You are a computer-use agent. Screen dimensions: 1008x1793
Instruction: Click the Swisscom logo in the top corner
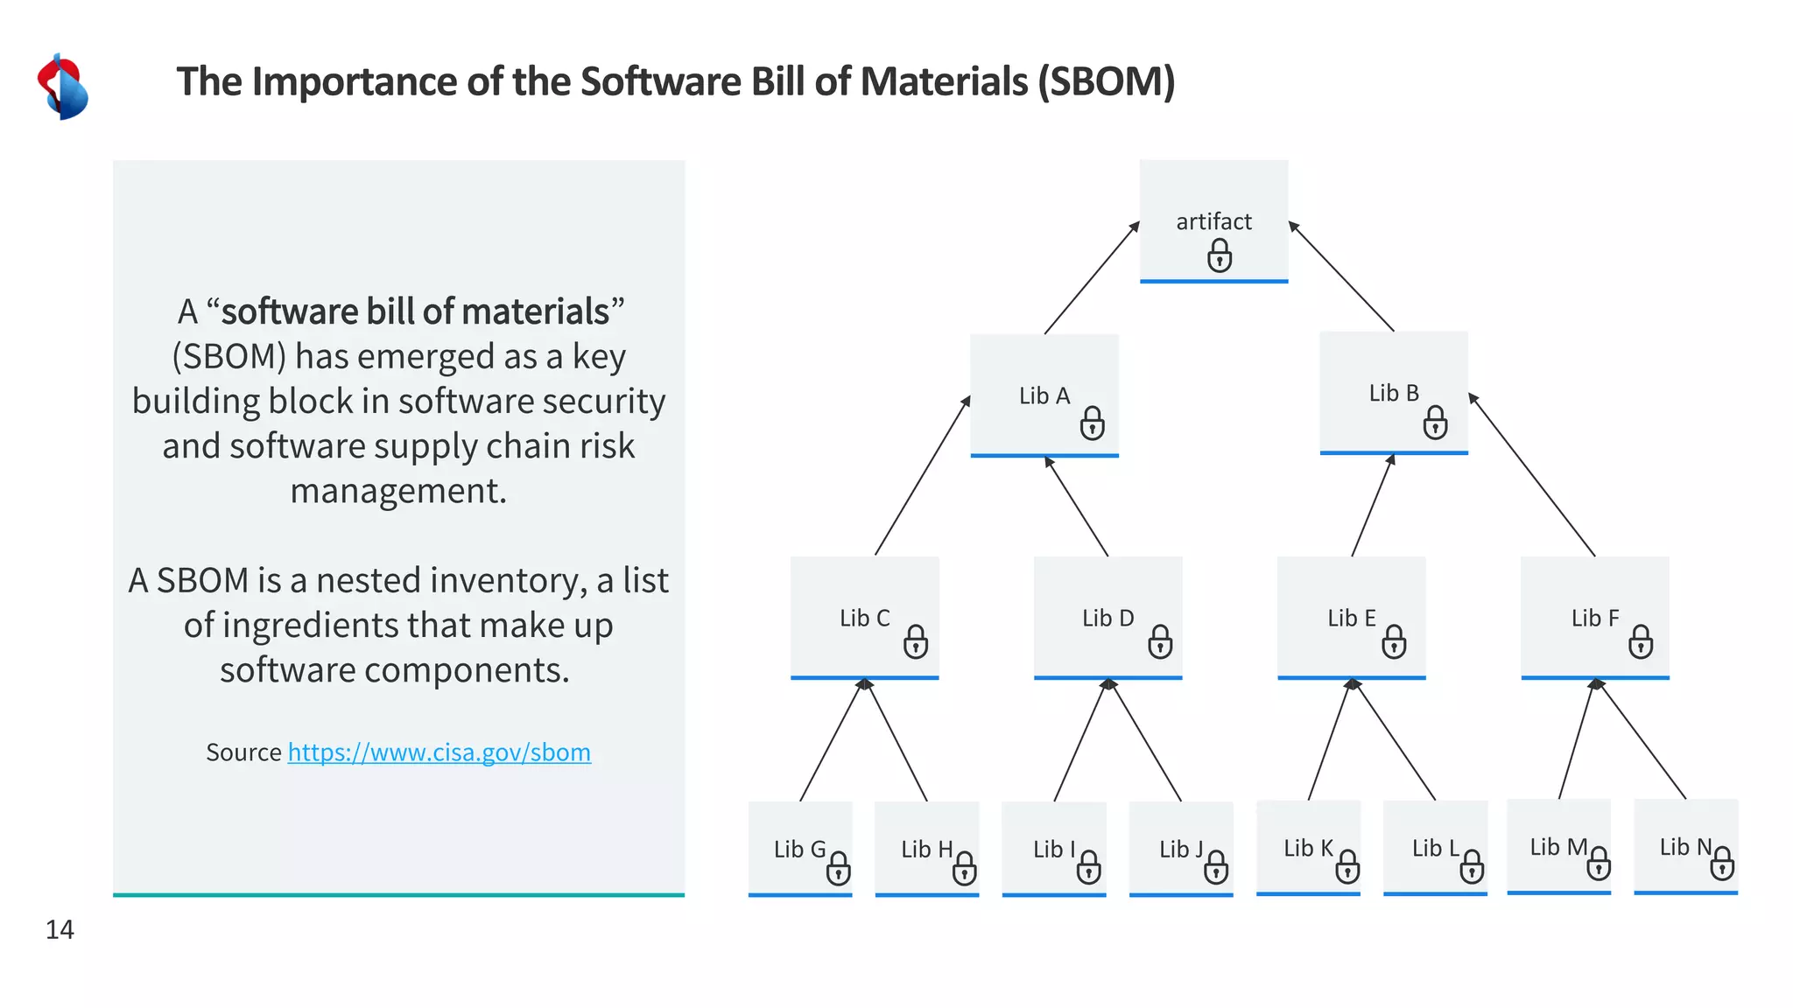pyautogui.click(x=62, y=87)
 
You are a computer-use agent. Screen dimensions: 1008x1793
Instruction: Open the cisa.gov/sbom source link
pyautogui.click(x=439, y=752)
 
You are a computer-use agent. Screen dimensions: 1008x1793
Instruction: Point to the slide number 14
pyautogui.click(x=60, y=929)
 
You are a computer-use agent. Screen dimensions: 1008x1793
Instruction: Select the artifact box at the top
pyautogui.click(x=1213, y=220)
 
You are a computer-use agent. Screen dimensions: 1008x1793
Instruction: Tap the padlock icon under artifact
pyautogui.click(x=1219, y=257)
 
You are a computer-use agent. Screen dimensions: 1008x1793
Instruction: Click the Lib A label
pyautogui.click(x=1044, y=396)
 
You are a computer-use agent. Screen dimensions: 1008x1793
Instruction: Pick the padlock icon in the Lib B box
pyautogui.click(x=1435, y=423)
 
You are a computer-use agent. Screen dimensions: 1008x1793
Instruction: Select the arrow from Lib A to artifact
pyautogui.click(x=1091, y=278)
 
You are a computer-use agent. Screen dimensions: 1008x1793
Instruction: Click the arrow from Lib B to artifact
pyautogui.click(x=1341, y=276)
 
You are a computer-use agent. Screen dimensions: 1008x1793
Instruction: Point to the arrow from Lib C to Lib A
pyautogui.click(x=922, y=476)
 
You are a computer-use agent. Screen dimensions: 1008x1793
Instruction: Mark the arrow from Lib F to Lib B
pyautogui.click(x=1532, y=475)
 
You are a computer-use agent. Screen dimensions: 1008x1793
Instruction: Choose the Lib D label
pyautogui.click(x=1107, y=619)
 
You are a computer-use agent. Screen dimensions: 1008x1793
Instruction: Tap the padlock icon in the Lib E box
pyautogui.click(x=1394, y=642)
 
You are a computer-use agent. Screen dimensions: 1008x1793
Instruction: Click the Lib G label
pyautogui.click(x=799, y=850)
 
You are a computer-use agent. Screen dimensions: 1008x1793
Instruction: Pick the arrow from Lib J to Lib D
pyautogui.click(x=1145, y=740)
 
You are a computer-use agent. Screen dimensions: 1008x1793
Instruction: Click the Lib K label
pyautogui.click(x=1308, y=848)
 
